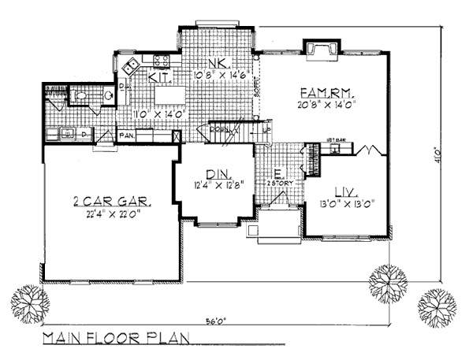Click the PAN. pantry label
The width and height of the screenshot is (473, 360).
pyautogui.click(x=126, y=135)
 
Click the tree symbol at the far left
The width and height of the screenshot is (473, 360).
pyautogui.click(x=30, y=302)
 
